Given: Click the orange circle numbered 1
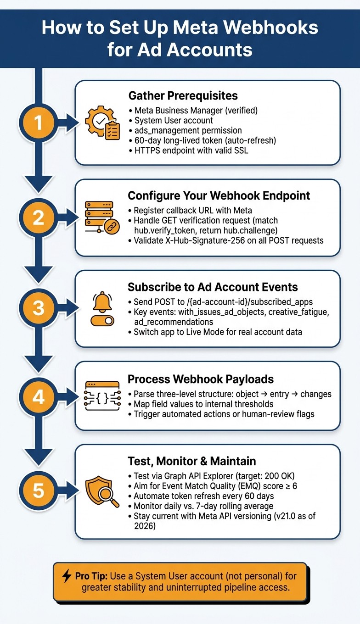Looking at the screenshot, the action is (x=39, y=123).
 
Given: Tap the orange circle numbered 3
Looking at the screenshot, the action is (x=39, y=308).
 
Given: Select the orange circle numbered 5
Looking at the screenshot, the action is (x=39, y=490).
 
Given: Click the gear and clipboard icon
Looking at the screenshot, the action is (x=102, y=123).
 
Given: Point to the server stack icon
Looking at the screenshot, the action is (x=102, y=217).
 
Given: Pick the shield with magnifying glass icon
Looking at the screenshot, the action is (x=102, y=491).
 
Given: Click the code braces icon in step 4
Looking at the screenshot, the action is (x=102, y=396).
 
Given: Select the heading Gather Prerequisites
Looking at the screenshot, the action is (x=183, y=95).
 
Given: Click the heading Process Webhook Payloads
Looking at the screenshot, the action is (x=201, y=379).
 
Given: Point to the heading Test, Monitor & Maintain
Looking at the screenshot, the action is (x=192, y=461).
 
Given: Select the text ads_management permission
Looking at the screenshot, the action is (x=188, y=130).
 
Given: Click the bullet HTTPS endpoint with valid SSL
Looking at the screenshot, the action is (x=189, y=150).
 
